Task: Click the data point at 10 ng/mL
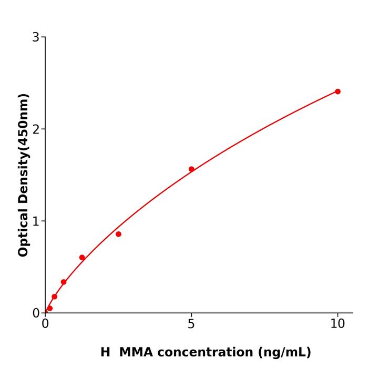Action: pos(338,91)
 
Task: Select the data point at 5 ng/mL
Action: pos(191,169)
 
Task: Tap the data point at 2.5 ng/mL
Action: pos(118,234)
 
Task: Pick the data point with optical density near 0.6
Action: pos(82,258)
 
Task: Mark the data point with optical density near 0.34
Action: pos(64,282)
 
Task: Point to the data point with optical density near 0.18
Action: pos(54,297)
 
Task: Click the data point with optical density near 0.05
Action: pos(49,309)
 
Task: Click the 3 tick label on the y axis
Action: pos(36,37)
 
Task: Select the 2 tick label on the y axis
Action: pos(36,129)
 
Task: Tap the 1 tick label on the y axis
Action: pos(36,221)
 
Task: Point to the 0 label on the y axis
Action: pos(36,313)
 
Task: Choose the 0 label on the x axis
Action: pos(45,324)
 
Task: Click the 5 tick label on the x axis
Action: pos(191,324)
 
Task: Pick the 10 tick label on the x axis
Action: pos(338,324)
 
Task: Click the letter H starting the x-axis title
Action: pos(105,352)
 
